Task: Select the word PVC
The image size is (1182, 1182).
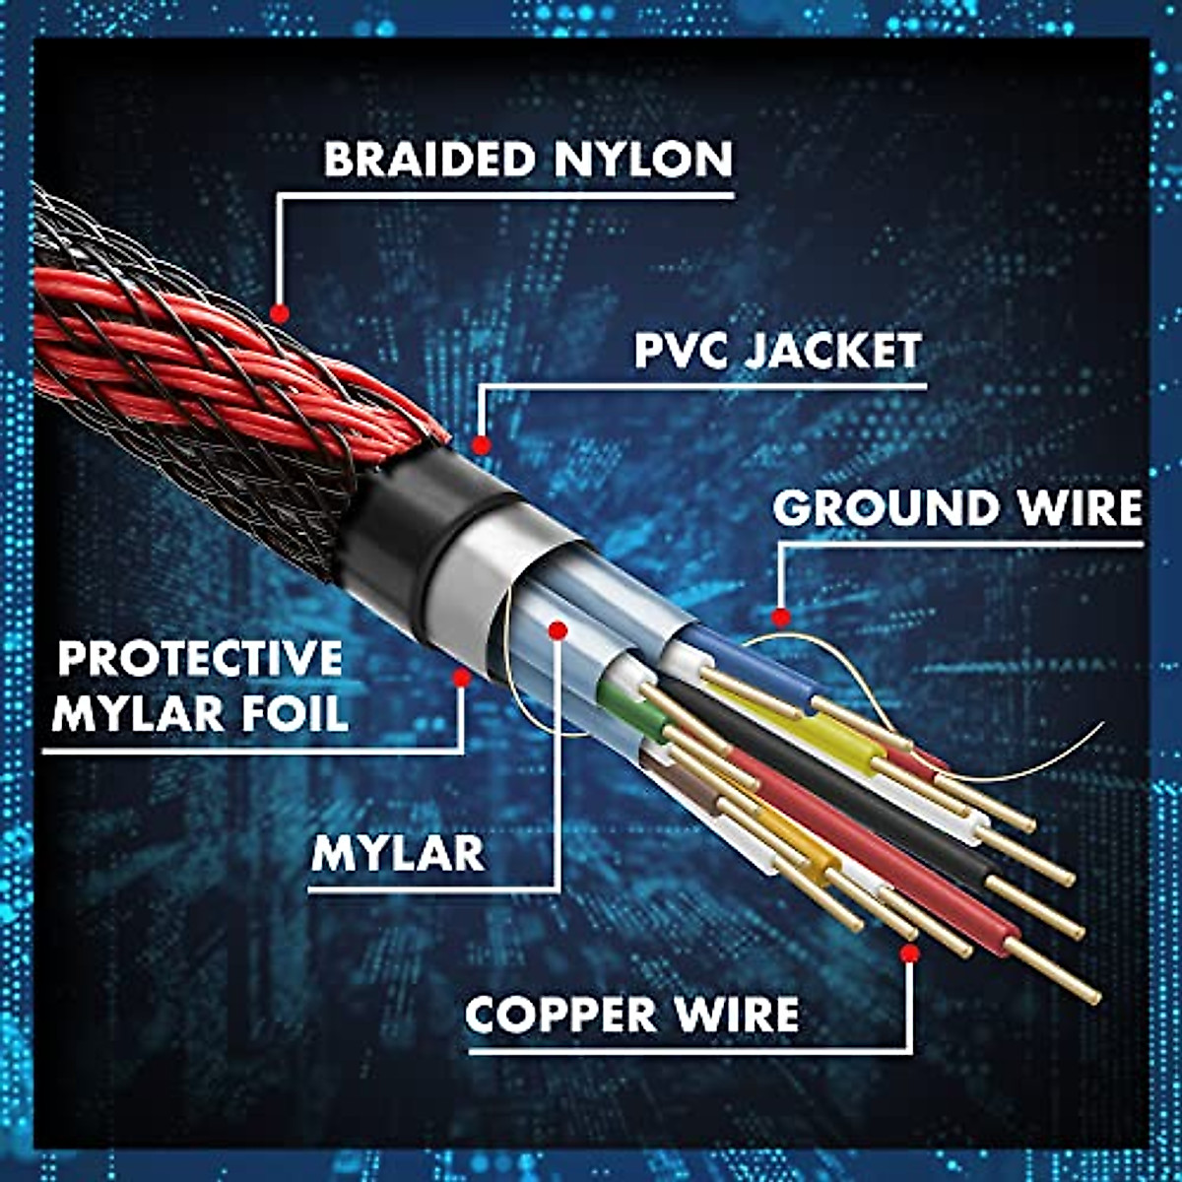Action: click(680, 351)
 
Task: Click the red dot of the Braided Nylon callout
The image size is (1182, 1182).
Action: click(279, 314)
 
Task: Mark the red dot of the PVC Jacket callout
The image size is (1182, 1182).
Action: click(481, 445)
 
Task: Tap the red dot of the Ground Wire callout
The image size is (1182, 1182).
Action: click(781, 619)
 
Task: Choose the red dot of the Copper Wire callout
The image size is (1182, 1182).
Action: click(909, 953)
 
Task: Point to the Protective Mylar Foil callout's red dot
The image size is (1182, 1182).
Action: click(460, 677)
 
